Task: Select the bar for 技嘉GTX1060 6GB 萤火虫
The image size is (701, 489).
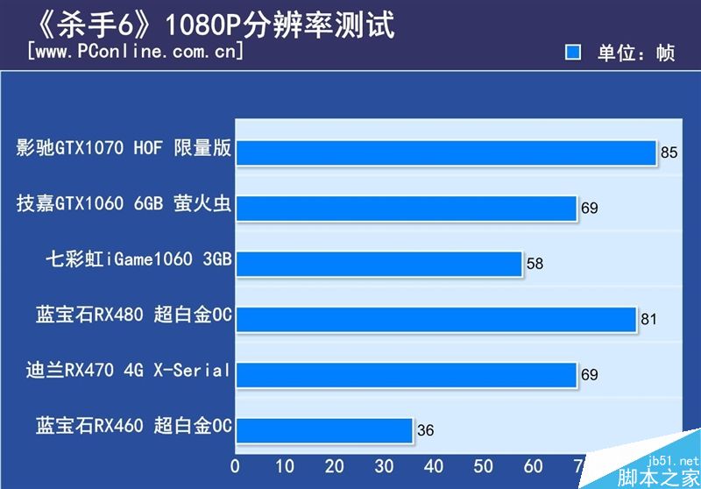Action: tap(406, 208)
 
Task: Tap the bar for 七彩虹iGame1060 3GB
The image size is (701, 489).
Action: tap(379, 263)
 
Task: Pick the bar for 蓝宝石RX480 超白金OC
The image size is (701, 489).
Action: tap(435, 319)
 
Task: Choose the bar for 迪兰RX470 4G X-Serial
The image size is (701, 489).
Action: tap(406, 374)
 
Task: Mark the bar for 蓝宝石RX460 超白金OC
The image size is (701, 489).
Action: tap(324, 430)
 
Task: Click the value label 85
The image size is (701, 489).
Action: tap(669, 152)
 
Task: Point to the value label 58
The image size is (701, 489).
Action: tap(535, 264)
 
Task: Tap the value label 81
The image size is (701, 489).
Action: tap(648, 320)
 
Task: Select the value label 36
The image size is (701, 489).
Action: tap(425, 431)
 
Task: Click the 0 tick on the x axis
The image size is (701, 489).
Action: tap(235, 464)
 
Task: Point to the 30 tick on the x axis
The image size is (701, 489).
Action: tap(384, 464)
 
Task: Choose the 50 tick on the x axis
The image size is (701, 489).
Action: tap(484, 464)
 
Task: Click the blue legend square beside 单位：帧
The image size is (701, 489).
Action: tap(574, 53)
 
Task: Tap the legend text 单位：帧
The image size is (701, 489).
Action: tap(636, 53)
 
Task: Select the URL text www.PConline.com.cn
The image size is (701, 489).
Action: tap(136, 52)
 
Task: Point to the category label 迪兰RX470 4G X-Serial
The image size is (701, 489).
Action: tap(129, 371)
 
